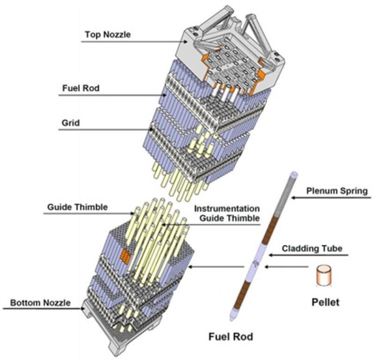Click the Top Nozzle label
(108, 34)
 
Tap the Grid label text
(70, 123)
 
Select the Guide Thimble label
(77, 207)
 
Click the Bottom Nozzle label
(41, 303)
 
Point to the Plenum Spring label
(337, 191)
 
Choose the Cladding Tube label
(312, 248)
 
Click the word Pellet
(325, 302)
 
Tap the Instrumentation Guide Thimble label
(227, 213)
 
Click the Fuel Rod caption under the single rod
(231, 337)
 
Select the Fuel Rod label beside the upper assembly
(81, 89)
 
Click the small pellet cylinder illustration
(324, 275)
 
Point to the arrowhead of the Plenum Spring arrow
(294, 198)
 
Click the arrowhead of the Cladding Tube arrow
(271, 255)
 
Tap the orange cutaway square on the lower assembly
(125, 255)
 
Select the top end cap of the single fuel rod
(294, 173)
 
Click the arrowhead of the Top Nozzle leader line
(186, 42)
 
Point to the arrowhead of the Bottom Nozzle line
(82, 308)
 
